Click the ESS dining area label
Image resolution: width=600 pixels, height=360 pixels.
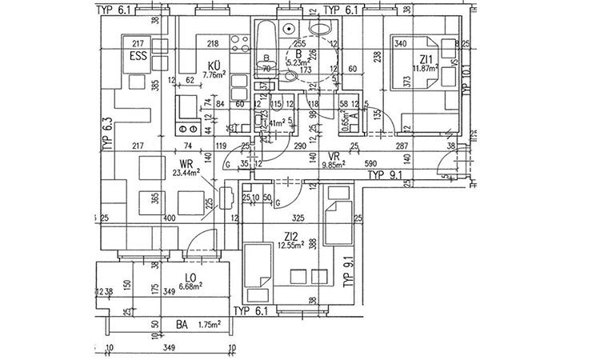(x=138, y=56)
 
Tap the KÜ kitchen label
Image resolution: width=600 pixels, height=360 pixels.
(x=214, y=65)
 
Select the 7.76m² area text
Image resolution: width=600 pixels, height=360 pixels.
(x=215, y=74)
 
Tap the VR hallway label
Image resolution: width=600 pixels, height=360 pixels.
(x=334, y=157)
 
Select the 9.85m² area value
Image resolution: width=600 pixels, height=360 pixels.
(x=333, y=166)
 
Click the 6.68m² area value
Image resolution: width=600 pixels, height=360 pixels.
(x=188, y=286)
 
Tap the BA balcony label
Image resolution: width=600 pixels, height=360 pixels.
(x=182, y=326)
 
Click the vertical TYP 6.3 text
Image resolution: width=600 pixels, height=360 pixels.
(x=106, y=134)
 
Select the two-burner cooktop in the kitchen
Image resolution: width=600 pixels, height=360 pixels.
(x=190, y=129)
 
